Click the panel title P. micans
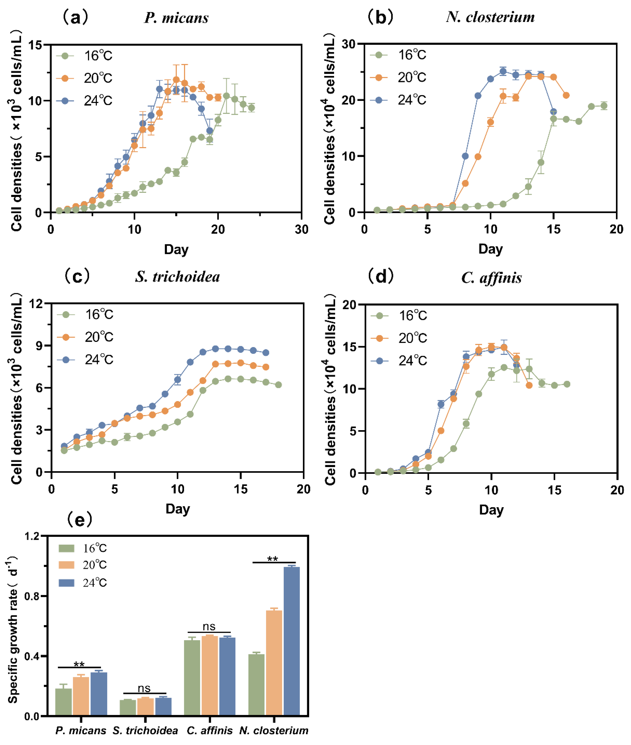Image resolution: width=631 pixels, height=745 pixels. (x=176, y=18)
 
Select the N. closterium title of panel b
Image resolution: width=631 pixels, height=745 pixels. (x=490, y=17)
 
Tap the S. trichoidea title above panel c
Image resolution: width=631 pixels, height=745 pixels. (x=177, y=277)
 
